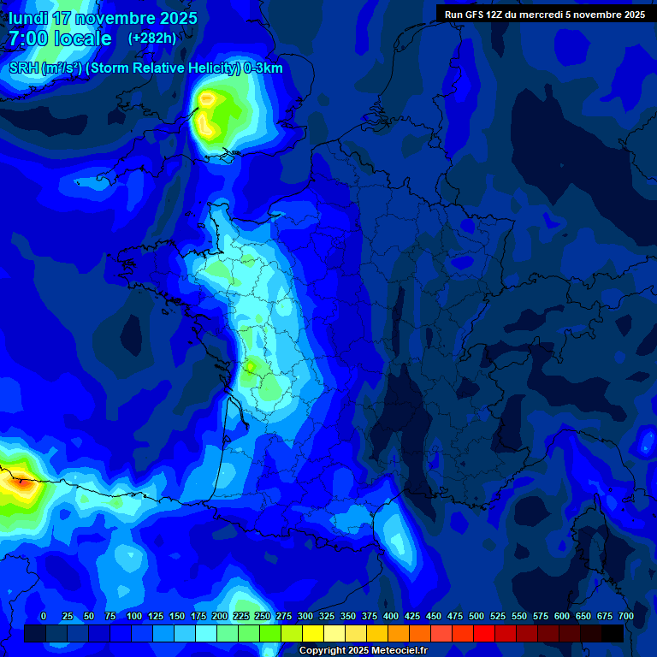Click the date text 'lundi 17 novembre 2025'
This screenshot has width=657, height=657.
tap(103, 18)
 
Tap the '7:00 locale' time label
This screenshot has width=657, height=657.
tap(60, 38)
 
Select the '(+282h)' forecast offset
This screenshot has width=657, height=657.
tap(151, 38)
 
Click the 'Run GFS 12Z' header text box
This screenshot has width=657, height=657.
tap(544, 15)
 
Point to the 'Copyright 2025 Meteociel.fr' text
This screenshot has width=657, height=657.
tap(363, 650)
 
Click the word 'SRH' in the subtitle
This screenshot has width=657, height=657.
tap(24, 68)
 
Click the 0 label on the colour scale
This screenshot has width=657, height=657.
tap(44, 617)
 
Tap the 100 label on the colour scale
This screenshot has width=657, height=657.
tap(134, 617)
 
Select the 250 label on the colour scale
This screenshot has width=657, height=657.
tap(263, 617)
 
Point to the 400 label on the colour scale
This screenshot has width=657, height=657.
tap(391, 617)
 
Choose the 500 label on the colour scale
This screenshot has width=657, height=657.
tap(476, 617)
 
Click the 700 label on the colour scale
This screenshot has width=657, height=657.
tap(626, 617)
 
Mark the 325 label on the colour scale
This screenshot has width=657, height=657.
tap(327, 617)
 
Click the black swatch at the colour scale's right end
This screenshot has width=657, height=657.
tap(613, 633)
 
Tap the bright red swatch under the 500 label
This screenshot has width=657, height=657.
tap(484, 633)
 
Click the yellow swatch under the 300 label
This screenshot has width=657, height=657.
tap(313, 633)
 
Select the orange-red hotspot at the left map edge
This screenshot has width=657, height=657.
tap(15, 483)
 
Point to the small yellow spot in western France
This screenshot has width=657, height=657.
tap(251, 367)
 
